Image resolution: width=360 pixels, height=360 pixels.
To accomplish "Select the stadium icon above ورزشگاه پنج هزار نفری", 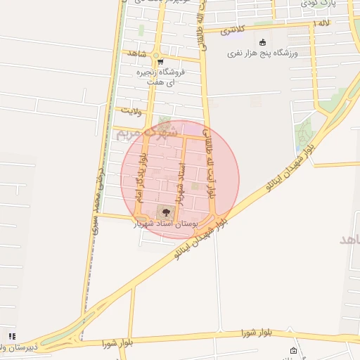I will click(263, 42).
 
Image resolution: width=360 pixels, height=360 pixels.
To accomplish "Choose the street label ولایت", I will click(132, 111).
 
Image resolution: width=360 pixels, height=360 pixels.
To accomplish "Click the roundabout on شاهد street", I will click(161, 55).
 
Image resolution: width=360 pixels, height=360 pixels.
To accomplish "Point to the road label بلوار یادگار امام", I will click(143, 179).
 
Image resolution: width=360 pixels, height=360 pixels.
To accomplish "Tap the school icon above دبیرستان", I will click(11, 336).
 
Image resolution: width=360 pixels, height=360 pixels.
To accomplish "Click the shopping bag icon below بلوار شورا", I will click(293, 351).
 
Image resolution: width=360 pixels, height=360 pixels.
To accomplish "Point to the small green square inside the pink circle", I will click(195, 186).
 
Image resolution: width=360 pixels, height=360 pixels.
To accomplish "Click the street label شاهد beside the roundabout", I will click(134, 53).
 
